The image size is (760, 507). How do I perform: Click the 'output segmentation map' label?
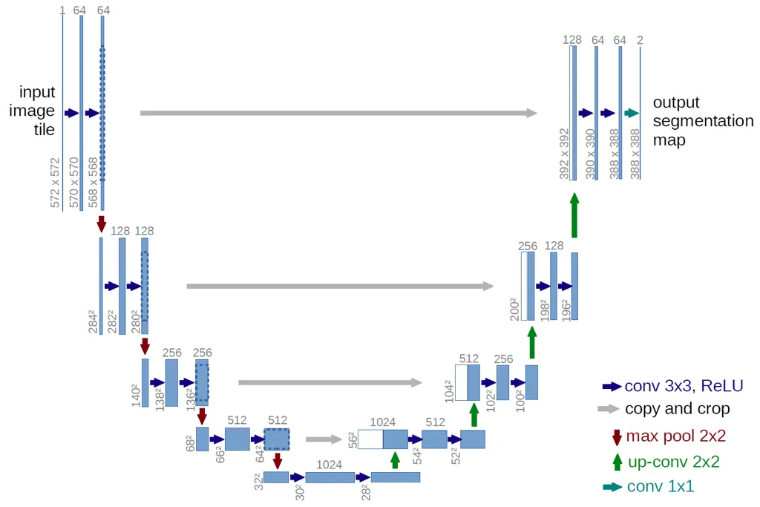click(x=702, y=120)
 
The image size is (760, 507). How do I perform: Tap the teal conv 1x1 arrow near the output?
click(x=631, y=113)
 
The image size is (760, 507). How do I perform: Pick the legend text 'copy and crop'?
click(x=677, y=409)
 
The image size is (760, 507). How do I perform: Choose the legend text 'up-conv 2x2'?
click(x=674, y=461)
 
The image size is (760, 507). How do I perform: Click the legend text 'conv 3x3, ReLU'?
click(x=684, y=385)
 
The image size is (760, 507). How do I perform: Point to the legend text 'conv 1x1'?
click(x=661, y=486)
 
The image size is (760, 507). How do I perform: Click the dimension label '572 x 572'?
click(x=55, y=182)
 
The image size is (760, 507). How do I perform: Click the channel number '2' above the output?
click(x=640, y=40)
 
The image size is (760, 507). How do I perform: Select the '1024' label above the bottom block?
click(x=329, y=464)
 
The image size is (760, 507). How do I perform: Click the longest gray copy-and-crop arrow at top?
click(x=338, y=113)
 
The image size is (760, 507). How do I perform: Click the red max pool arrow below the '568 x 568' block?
click(x=102, y=223)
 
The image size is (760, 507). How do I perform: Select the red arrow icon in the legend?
click(x=616, y=436)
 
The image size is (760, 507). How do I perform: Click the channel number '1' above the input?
click(x=62, y=10)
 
